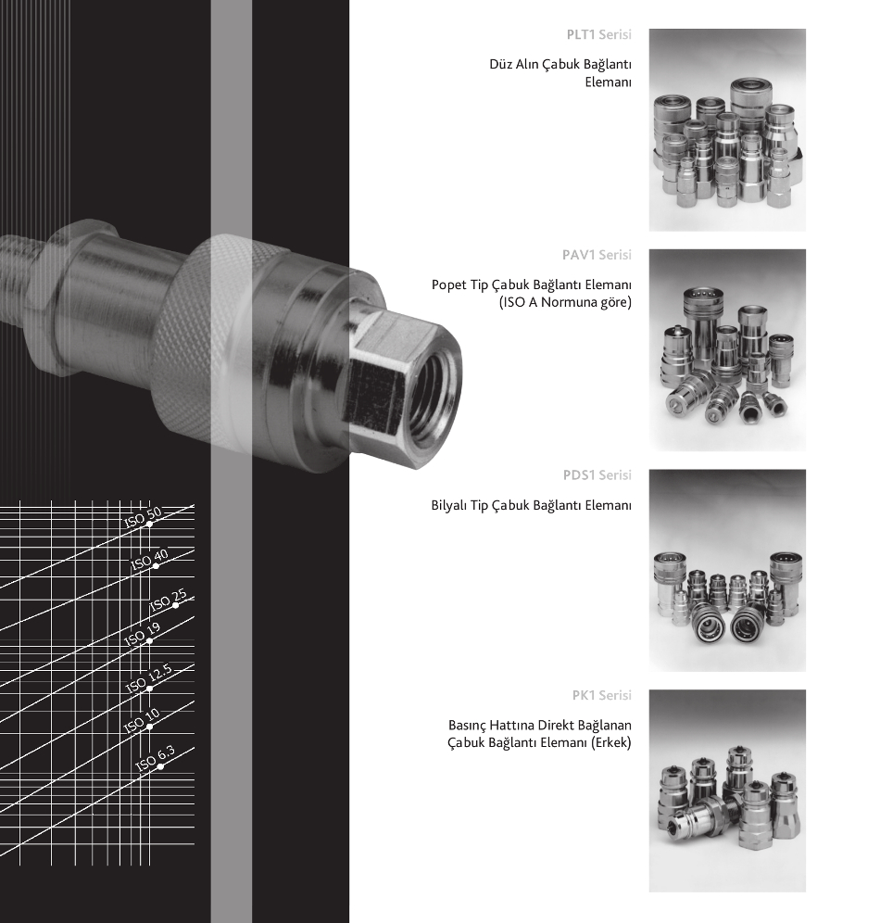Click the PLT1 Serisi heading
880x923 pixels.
598,34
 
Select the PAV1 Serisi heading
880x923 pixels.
597,255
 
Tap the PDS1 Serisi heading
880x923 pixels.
597,475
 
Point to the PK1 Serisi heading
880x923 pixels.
602,695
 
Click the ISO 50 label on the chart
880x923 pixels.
143,517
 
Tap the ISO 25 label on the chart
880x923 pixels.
169,600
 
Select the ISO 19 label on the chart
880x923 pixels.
143,634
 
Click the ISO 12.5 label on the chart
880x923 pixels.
149,678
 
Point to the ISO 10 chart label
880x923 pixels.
142,721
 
